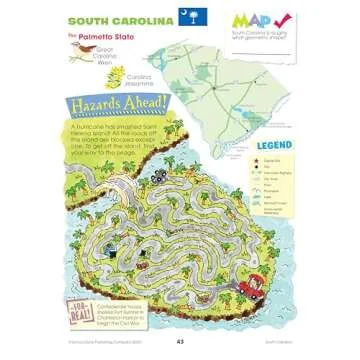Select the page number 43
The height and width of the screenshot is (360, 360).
click(x=180, y=343)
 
